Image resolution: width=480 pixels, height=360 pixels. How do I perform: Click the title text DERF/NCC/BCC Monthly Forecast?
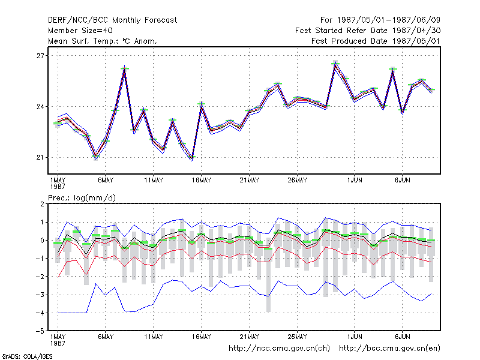112,20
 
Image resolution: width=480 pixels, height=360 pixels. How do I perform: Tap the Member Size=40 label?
80,31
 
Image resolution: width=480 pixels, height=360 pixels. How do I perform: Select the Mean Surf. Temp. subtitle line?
102,41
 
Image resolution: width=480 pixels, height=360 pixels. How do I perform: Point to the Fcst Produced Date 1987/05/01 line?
376,41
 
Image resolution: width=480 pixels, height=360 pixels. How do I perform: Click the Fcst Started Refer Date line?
368,31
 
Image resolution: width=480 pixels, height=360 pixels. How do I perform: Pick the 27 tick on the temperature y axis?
40,56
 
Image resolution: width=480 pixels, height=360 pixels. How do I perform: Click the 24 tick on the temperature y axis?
40,107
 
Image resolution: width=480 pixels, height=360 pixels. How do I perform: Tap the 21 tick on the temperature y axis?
40,157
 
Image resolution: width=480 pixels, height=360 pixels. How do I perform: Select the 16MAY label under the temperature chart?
202,181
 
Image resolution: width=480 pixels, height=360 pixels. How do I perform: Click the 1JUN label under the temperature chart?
355,181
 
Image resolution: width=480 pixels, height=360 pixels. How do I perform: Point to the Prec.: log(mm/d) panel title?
82,198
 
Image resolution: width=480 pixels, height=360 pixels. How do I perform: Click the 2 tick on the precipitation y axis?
42,204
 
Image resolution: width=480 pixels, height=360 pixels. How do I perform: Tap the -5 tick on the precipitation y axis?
40,331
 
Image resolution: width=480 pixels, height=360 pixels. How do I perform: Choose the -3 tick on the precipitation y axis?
40,295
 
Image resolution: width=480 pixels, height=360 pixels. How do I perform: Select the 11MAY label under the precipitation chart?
154,337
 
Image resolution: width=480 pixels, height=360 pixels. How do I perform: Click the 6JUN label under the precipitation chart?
402,337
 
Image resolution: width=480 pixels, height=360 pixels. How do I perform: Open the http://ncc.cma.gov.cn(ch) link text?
279,349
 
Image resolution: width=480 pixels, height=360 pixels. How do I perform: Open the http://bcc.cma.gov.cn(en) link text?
389,349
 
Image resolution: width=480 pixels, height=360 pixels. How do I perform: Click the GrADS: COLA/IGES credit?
27,356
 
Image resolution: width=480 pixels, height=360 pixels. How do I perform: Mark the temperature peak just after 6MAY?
125,67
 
